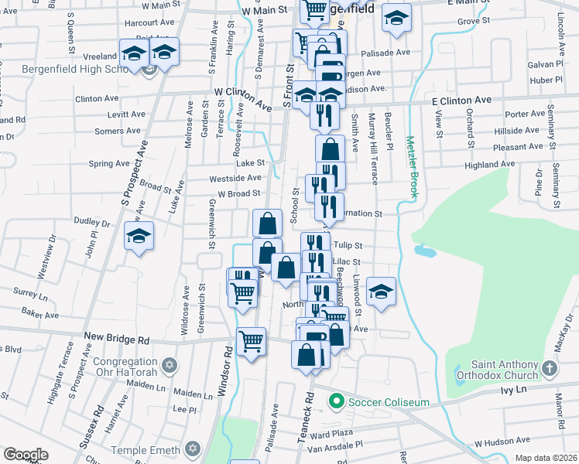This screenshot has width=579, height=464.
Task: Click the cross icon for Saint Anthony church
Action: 549,369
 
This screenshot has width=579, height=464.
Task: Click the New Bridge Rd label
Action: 116,339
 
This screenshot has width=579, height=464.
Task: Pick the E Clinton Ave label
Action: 461,101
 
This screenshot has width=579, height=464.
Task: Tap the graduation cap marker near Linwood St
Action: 381,292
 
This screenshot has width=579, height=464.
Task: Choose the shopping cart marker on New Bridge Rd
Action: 251,340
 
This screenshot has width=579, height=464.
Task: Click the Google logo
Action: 26,455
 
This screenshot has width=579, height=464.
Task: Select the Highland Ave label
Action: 489,164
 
